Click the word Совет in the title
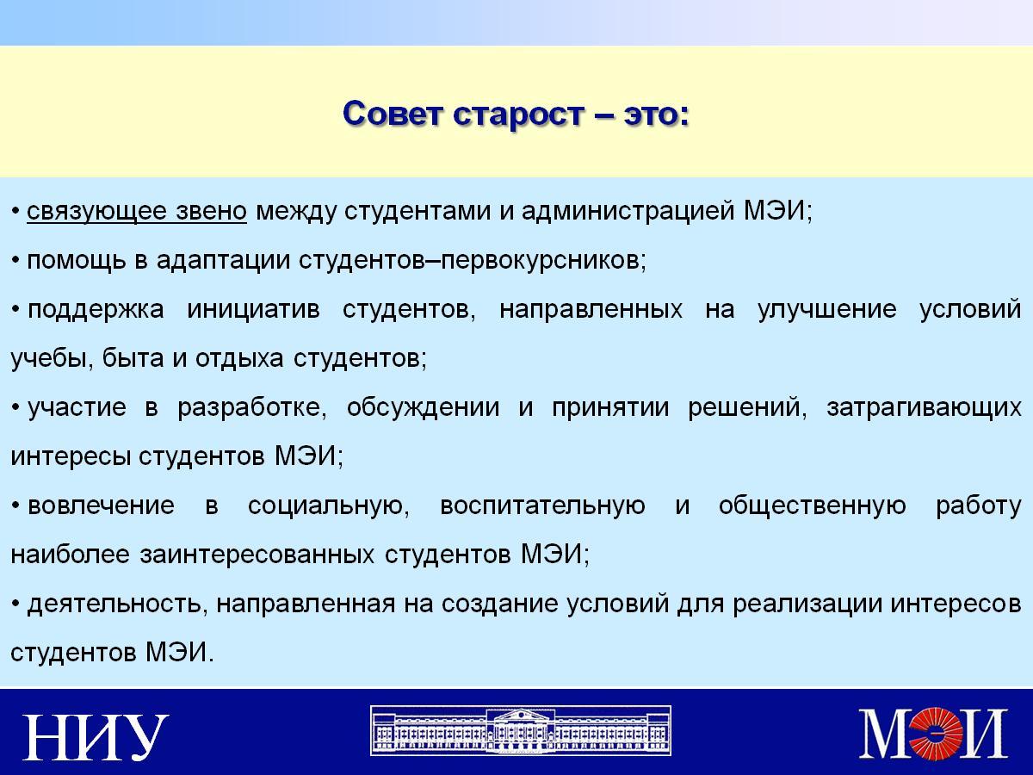[x=393, y=114]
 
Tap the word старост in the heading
[x=518, y=115]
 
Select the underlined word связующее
[x=96, y=211]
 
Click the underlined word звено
[x=211, y=211]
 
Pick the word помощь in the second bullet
[x=77, y=261]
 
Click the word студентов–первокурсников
[x=472, y=261]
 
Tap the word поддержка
[x=96, y=310]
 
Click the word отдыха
[x=239, y=359]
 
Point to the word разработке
[x=251, y=407]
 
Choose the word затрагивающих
[x=925, y=408]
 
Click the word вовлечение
[x=102, y=505]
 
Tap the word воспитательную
[x=542, y=506]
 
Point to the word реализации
[x=807, y=604]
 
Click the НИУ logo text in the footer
[x=96, y=737]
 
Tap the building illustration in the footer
[x=521, y=730]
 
